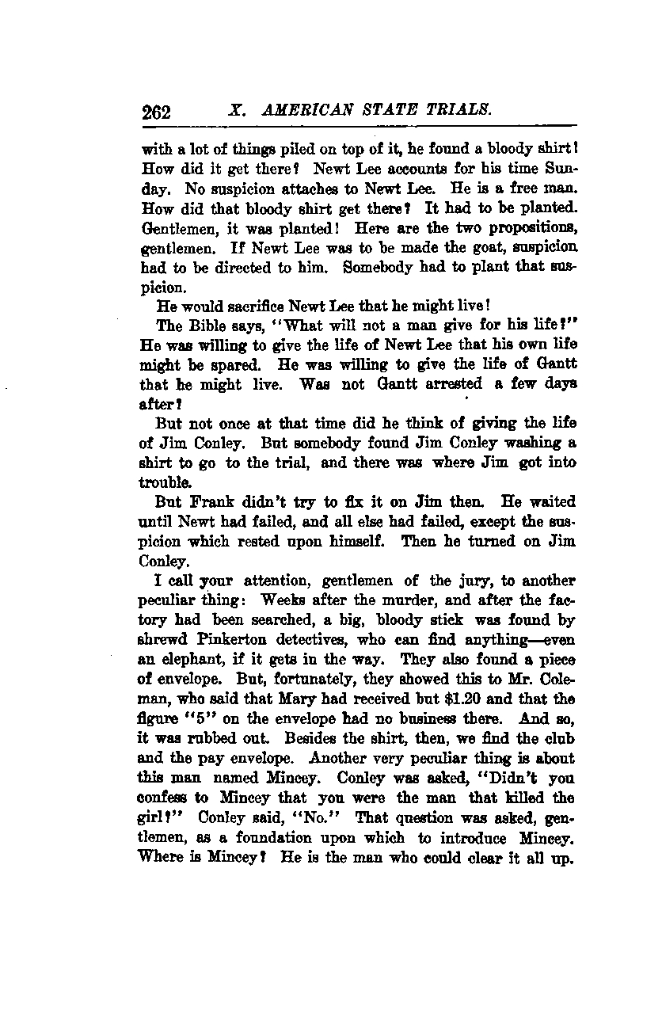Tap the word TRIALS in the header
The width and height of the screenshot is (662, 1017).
click(x=462, y=110)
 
